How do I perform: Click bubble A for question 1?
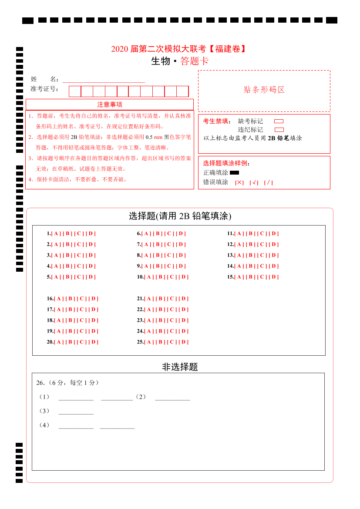[55, 233]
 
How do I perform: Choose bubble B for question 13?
[251, 255]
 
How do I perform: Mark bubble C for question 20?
[82, 342]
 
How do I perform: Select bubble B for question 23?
[161, 320]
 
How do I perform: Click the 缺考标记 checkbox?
[279, 121]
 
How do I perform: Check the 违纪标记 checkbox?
[279, 130]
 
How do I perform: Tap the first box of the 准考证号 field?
[75, 91]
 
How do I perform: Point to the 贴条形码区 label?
[264, 90]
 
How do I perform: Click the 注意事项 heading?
[110, 104]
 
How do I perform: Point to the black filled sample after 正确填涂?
[234, 173]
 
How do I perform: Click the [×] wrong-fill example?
[239, 182]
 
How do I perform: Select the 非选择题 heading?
[180, 367]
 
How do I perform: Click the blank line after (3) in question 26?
[76, 411]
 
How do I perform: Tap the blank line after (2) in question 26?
[172, 397]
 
